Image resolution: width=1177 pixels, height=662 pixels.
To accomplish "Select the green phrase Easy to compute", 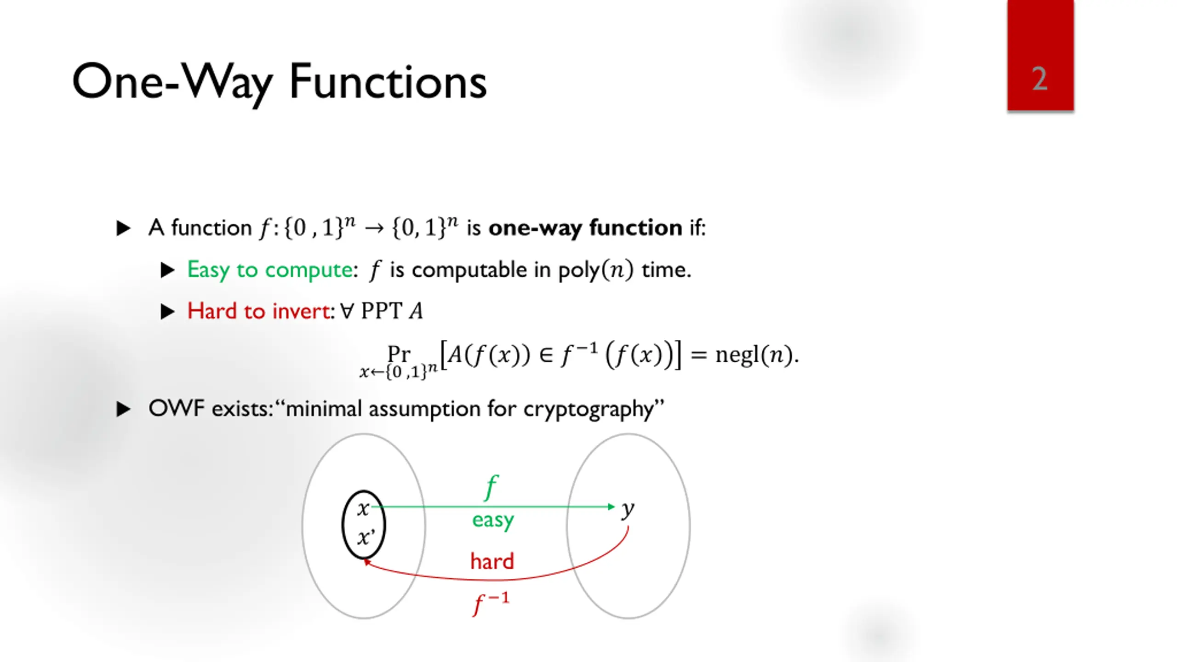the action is coord(270,270).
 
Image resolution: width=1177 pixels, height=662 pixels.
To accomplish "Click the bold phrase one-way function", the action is coord(585,228).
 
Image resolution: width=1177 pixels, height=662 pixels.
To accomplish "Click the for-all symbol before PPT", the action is coord(348,311).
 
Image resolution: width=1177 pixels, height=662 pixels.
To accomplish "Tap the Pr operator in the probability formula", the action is coord(398,354).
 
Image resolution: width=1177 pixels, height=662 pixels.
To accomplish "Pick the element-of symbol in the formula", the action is coord(546,355).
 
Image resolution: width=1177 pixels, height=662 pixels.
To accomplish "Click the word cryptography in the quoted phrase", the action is coord(588,409).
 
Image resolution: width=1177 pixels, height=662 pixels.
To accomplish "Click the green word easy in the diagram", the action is coord(493,520).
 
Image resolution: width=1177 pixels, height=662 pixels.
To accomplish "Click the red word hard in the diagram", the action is coord(492,562).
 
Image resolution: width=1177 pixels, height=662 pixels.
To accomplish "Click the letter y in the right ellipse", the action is coord(628,509).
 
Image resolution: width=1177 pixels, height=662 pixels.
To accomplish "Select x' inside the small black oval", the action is coord(366,537).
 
